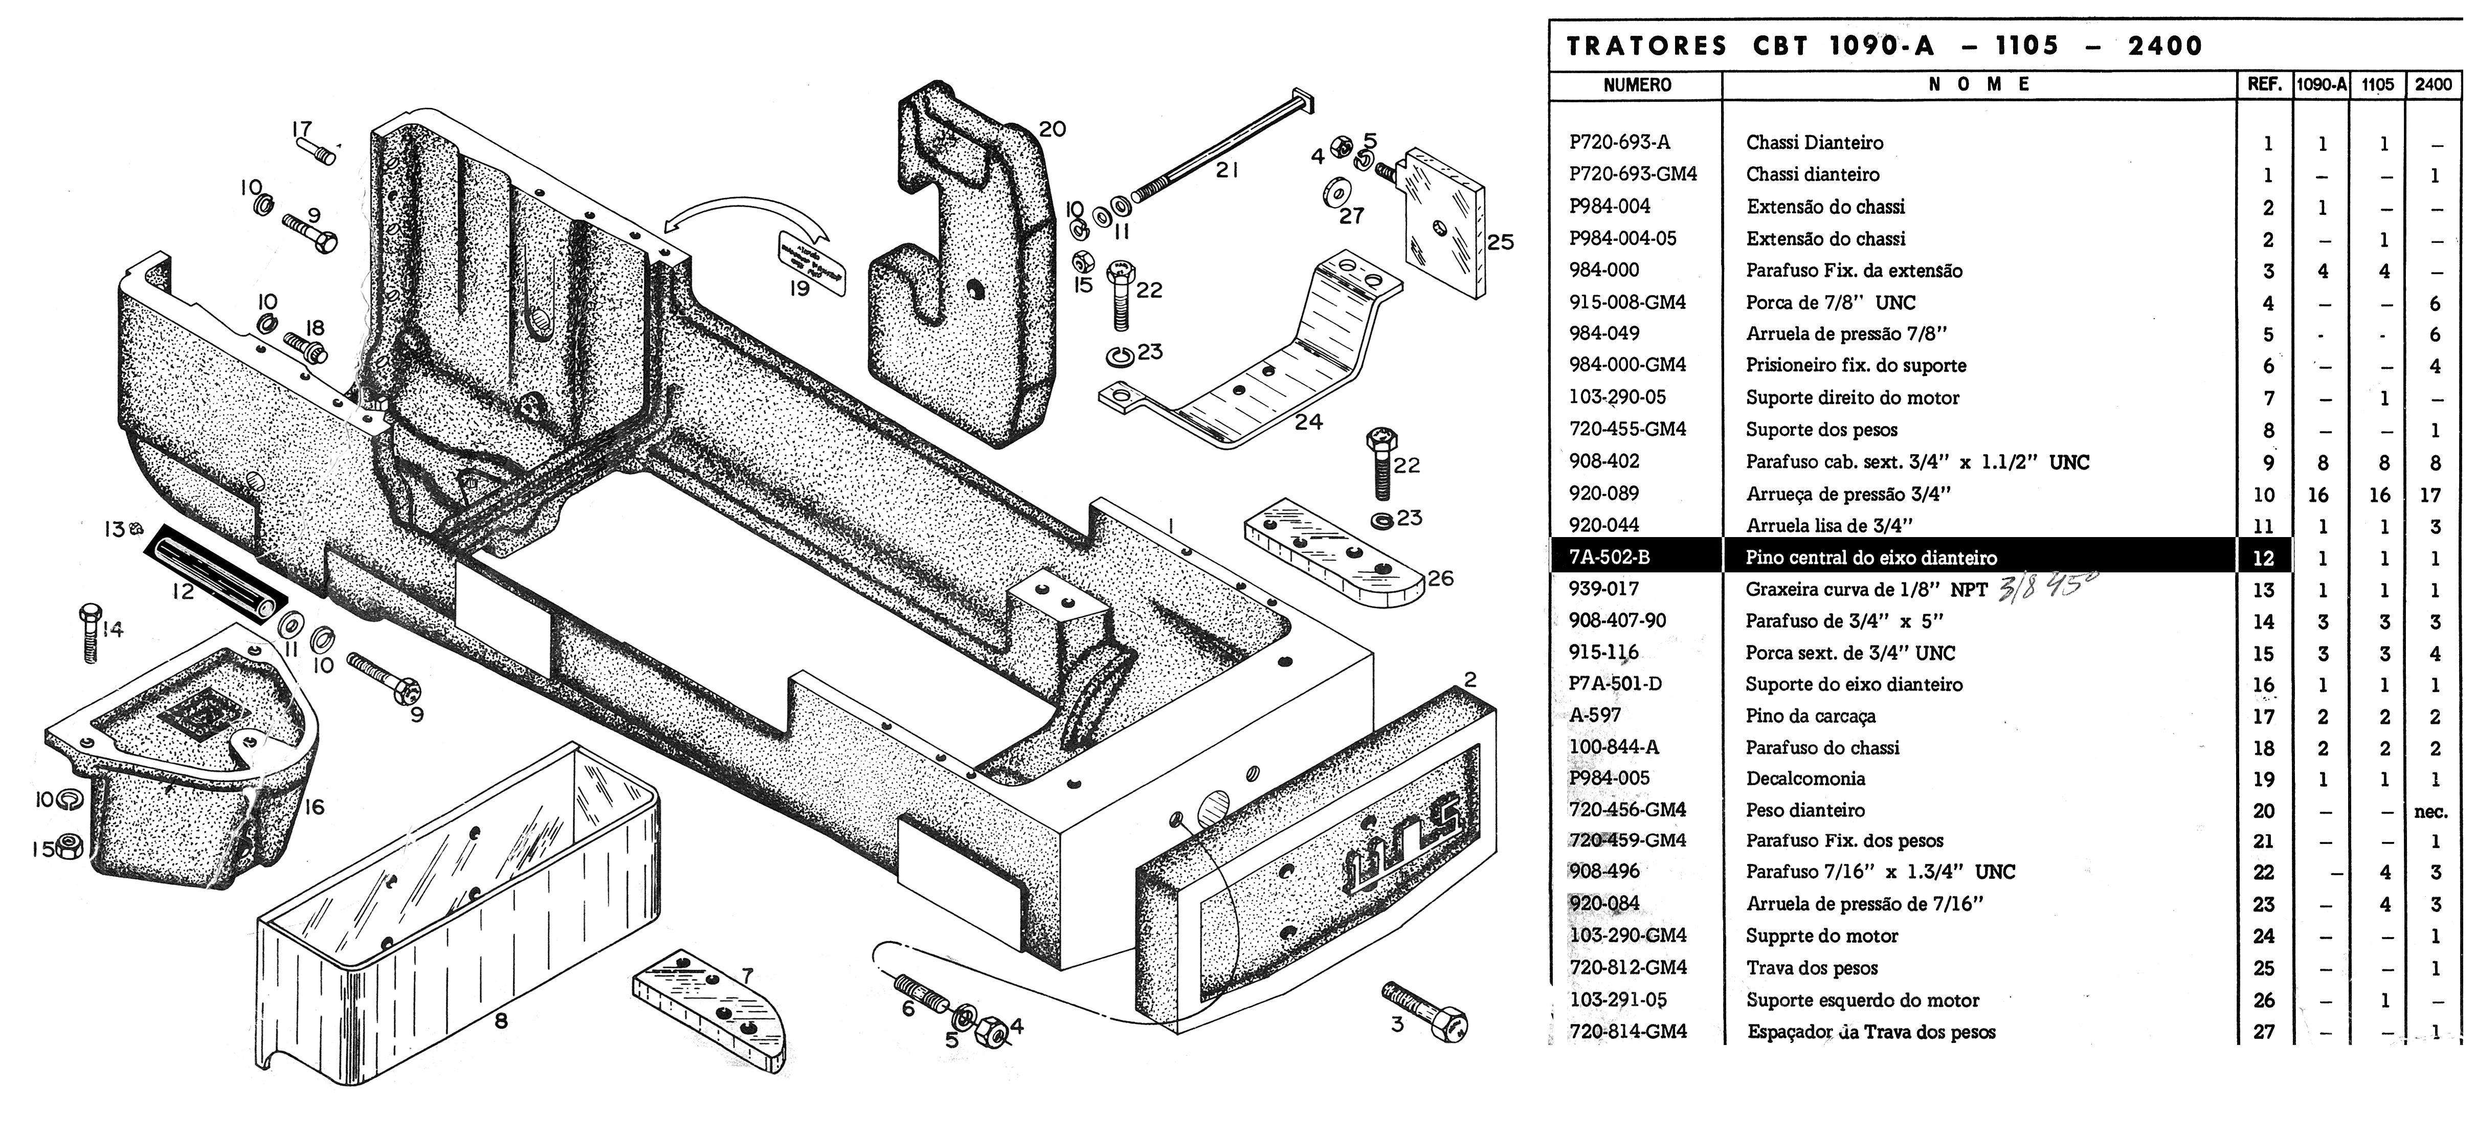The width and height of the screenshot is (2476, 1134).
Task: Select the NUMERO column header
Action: point(1637,84)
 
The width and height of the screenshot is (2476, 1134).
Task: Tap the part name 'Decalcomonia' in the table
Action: point(1805,779)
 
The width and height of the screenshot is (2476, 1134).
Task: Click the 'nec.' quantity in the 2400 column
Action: point(2431,811)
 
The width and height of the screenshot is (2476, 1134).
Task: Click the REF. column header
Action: point(2265,84)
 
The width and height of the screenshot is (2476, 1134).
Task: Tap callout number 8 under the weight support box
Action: point(501,1020)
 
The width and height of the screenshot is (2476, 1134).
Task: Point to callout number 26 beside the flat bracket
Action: point(1440,579)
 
